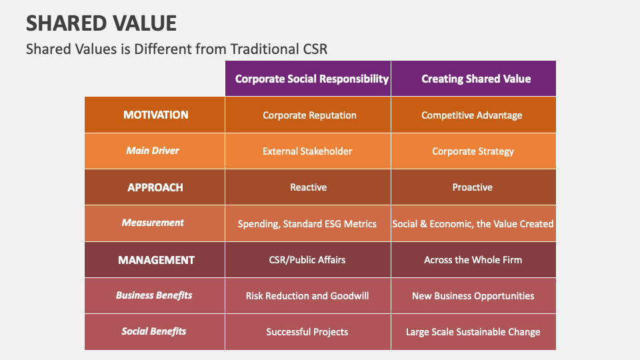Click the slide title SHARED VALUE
click(x=101, y=23)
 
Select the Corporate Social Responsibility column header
click(x=311, y=79)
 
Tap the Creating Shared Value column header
click(x=476, y=79)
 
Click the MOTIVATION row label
click(x=156, y=115)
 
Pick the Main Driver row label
click(x=153, y=151)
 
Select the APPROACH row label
click(x=155, y=187)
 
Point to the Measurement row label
click(x=153, y=223)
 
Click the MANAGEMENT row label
click(x=156, y=260)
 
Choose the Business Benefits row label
click(x=154, y=295)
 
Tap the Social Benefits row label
click(x=154, y=331)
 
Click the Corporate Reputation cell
click(x=309, y=115)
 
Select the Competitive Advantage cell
click(x=472, y=115)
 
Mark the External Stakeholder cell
click(x=307, y=151)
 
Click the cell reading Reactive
click(x=308, y=187)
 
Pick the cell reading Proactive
click(x=472, y=187)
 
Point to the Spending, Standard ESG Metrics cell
click(x=307, y=224)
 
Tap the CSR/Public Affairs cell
click(x=307, y=260)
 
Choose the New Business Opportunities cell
click(x=473, y=296)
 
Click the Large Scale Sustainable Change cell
click(x=473, y=332)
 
